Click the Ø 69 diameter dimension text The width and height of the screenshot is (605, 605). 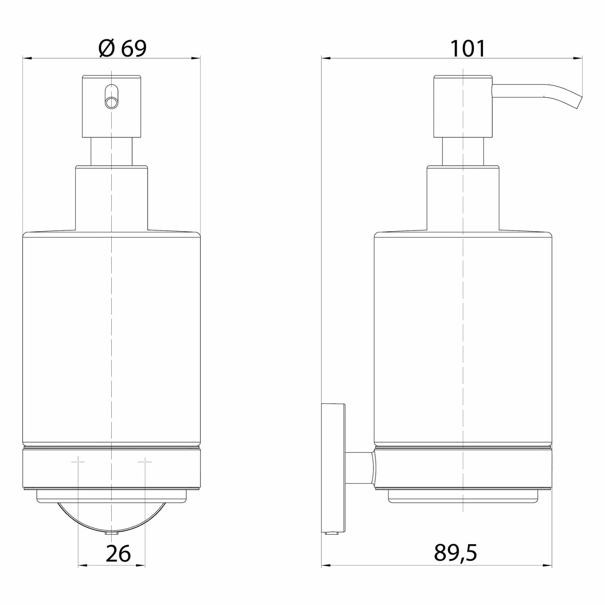coord(123,48)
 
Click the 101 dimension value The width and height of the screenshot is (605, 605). coord(468,49)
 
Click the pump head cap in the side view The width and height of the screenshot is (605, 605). coord(463,106)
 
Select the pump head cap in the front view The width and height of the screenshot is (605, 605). coord(112,106)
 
